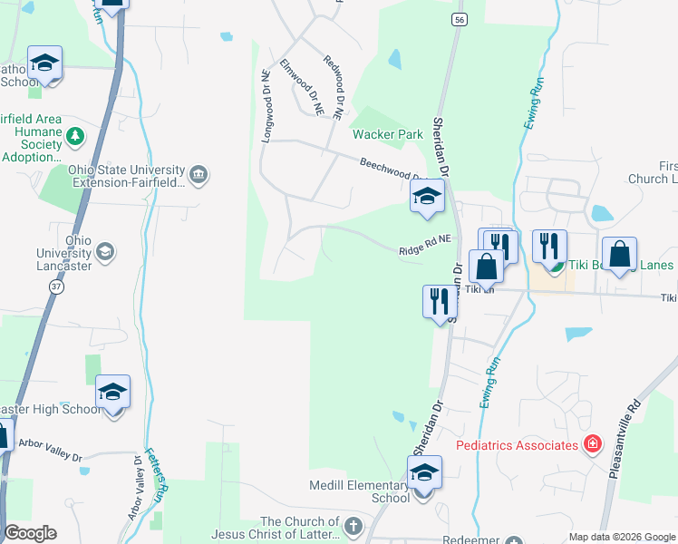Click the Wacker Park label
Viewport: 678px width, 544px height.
pos(387,134)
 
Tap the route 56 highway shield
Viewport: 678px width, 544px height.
pos(461,19)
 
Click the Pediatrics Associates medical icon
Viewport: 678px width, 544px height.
pos(592,444)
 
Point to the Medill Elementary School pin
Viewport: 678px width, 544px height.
pos(424,473)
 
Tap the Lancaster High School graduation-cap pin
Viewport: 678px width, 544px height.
pos(112,393)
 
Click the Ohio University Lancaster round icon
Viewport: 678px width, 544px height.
pos(104,251)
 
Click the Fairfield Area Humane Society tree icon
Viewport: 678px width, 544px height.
pos(75,137)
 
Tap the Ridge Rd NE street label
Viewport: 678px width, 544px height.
pos(425,246)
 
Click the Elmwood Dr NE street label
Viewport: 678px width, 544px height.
pos(302,86)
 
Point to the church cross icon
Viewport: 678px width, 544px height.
pos(353,525)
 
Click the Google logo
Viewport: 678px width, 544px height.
pos(30,533)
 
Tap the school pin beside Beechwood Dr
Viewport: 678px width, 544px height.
pos(426,196)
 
